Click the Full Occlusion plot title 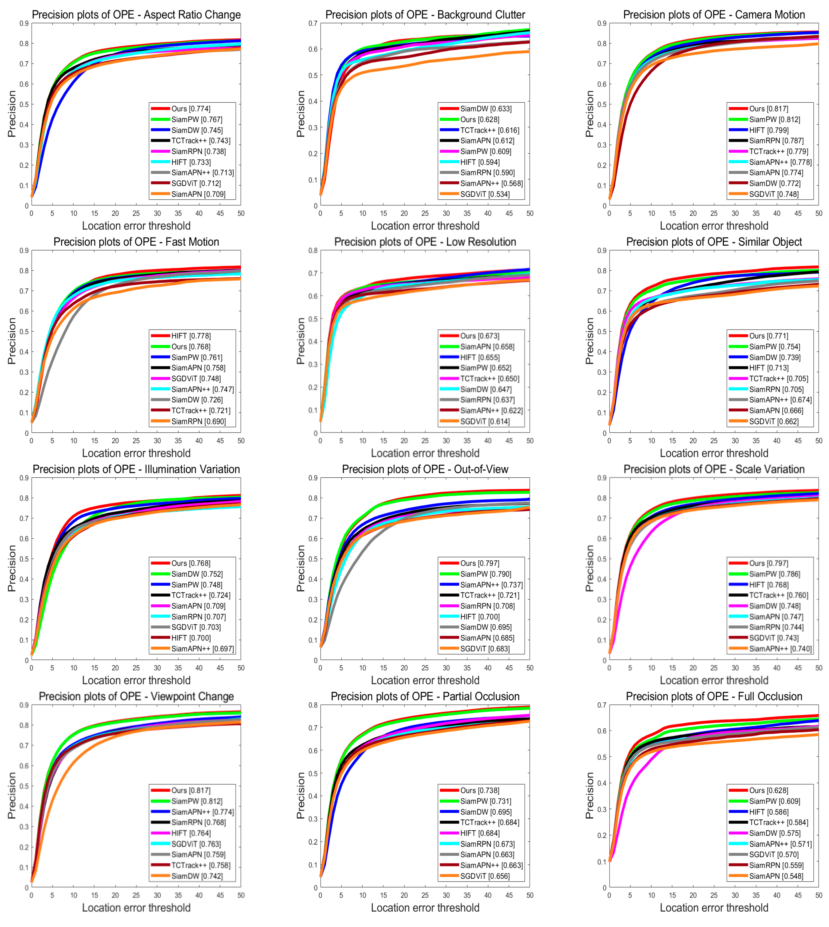(714, 696)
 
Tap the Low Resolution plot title (425, 242)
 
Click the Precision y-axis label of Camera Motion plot (589, 114)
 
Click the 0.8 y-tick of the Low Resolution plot (313, 251)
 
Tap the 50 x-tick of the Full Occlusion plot (819, 895)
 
